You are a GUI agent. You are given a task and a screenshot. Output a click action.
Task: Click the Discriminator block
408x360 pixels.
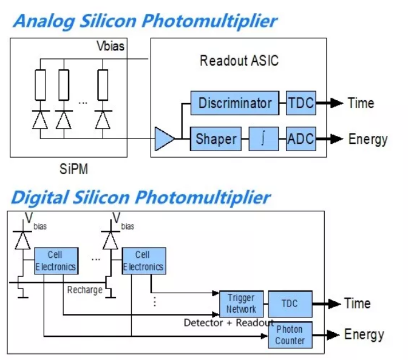click(x=235, y=103)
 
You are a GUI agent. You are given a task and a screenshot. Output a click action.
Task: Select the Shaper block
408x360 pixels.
click(x=216, y=139)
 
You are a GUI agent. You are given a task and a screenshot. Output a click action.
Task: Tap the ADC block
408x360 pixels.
click(x=300, y=139)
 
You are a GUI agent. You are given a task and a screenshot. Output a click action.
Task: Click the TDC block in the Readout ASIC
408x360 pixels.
click(x=301, y=103)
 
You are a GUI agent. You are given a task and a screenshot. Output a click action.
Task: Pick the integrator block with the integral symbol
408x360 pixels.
click(x=263, y=139)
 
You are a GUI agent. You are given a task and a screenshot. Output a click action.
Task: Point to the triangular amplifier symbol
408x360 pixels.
click(x=164, y=139)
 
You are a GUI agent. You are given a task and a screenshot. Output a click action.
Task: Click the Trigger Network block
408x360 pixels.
click(x=242, y=304)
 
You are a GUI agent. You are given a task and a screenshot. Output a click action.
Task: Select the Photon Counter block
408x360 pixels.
click(x=290, y=335)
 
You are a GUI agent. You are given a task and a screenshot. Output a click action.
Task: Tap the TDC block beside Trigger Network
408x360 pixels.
click(x=290, y=304)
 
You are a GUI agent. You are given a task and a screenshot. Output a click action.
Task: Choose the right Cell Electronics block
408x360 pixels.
click(x=143, y=260)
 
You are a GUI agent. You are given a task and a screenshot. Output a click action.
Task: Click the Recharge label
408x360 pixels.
click(x=85, y=290)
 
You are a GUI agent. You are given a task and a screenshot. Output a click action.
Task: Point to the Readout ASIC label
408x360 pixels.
click(x=239, y=61)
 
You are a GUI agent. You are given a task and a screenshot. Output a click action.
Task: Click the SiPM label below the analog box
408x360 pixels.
click(x=75, y=169)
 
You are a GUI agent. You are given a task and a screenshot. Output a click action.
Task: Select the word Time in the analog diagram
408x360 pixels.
click(x=361, y=103)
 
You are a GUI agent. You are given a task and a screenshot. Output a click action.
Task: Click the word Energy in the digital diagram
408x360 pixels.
click(x=364, y=335)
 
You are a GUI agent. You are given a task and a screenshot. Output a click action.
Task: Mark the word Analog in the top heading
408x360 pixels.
click(x=43, y=21)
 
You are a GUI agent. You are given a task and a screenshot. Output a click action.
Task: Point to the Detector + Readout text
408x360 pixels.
click(x=228, y=322)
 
